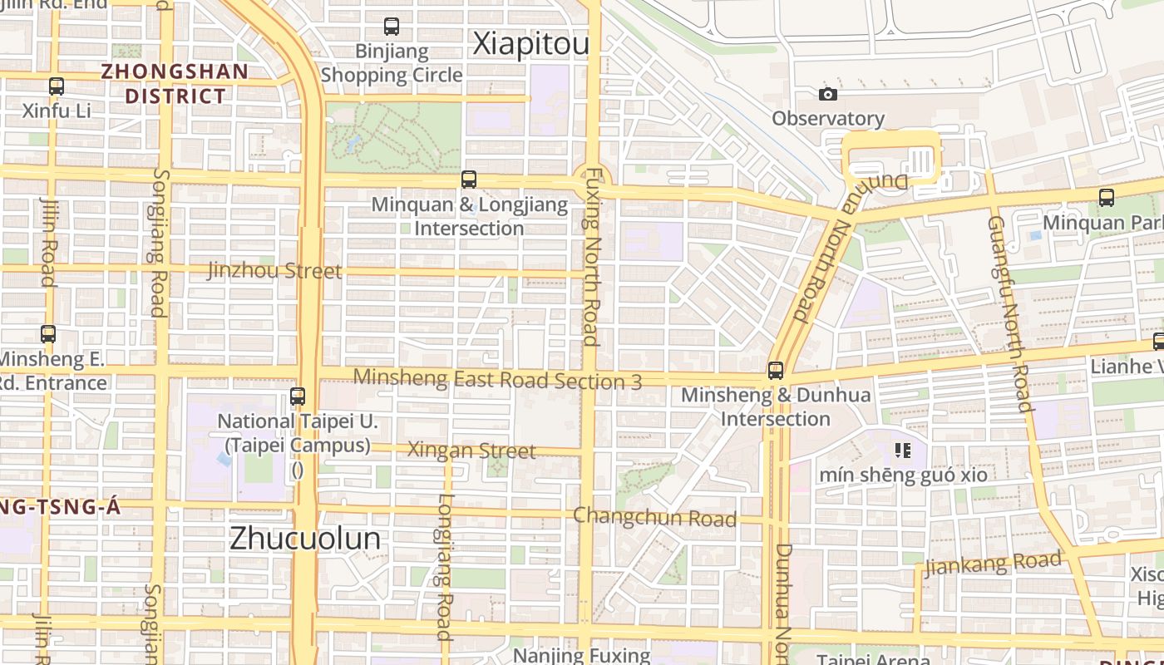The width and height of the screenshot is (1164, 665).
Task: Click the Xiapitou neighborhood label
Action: click(530, 44)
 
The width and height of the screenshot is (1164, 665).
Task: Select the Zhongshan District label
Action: click(175, 83)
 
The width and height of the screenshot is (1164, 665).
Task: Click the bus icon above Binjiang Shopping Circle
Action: click(392, 27)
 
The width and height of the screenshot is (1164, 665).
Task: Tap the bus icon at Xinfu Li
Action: click(57, 86)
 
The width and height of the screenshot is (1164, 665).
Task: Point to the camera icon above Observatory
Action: click(827, 94)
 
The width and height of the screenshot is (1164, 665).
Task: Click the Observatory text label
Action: click(827, 118)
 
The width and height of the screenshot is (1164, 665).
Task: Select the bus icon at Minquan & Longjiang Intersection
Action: click(469, 180)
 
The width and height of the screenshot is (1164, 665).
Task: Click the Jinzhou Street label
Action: click(274, 271)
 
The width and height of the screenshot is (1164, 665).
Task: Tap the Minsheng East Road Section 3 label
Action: click(497, 379)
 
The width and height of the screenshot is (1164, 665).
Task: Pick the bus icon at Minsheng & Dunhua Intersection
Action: click(776, 371)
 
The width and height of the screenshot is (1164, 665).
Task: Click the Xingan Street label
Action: click(471, 451)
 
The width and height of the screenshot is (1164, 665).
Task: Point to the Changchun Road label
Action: click(654, 517)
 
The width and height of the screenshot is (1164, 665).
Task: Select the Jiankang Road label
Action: click(993, 564)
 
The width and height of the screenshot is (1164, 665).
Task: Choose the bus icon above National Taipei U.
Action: click(298, 397)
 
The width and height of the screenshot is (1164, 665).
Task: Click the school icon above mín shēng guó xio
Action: click(903, 451)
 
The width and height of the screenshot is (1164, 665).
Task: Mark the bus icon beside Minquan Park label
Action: click(1106, 198)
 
